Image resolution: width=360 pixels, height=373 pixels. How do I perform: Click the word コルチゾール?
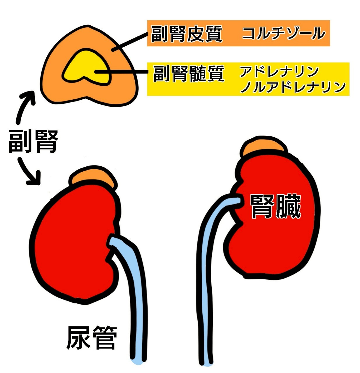point(283,33)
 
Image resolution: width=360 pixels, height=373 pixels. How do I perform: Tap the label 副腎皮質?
point(187,34)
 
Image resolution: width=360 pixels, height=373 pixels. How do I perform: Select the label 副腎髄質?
point(189,73)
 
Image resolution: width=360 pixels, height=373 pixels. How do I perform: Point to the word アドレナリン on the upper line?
point(279,72)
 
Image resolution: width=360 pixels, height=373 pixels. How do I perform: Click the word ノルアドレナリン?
point(293,87)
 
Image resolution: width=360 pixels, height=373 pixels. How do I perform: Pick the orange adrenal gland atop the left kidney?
point(93,178)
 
